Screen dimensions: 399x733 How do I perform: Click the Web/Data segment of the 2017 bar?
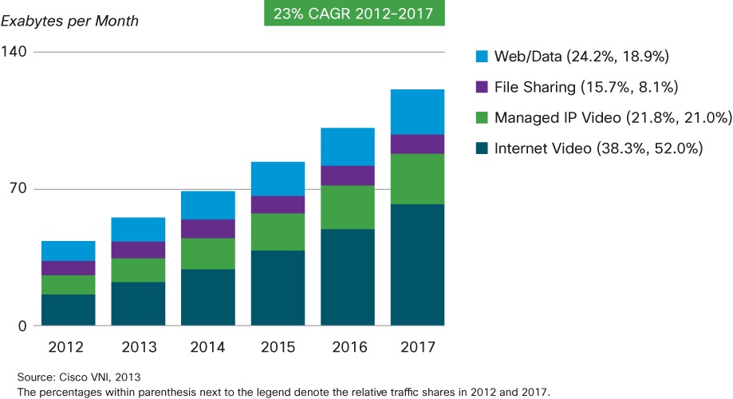click(x=417, y=112)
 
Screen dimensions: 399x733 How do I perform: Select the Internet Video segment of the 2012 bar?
click(x=69, y=310)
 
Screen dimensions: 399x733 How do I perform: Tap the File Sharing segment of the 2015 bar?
click(x=278, y=204)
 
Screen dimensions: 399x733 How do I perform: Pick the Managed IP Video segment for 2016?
click(x=348, y=207)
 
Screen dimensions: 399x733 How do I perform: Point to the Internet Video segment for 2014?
click(x=208, y=297)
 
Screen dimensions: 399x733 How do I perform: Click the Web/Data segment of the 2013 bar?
click(x=138, y=229)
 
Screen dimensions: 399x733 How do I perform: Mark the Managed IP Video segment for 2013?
click(x=138, y=270)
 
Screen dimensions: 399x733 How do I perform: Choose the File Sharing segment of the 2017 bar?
click(x=417, y=144)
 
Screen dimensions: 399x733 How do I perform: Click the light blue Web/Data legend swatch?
click(x=481, y=57)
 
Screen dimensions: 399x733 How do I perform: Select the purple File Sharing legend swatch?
click(x=481, y=87)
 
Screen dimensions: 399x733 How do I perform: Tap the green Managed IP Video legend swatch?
click(x=481, y=118)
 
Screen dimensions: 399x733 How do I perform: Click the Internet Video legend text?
click(x=598, y=148)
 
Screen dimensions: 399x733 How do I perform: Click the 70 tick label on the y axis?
click(x=18, y=189)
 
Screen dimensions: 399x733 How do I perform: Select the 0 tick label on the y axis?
click(x=22, y=326)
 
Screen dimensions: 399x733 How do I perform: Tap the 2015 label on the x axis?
click(x=278, y=347)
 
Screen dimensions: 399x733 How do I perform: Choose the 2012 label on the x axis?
click(x=69, y=347)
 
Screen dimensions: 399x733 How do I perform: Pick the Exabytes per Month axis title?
click(x=69, y=21)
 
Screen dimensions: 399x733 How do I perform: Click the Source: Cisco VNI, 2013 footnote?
click(x=70, y=376)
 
